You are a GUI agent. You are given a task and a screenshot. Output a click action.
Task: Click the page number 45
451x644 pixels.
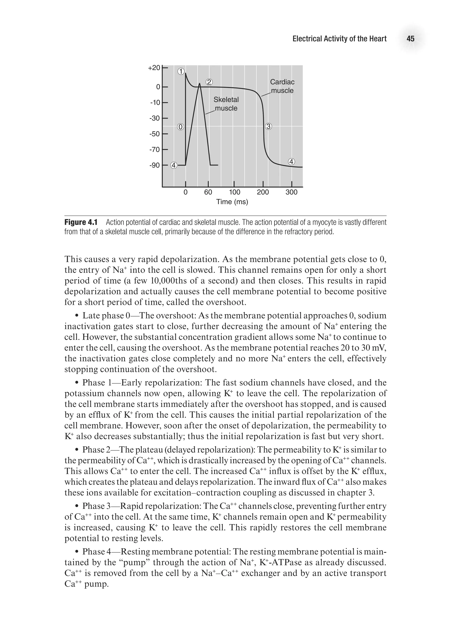[410, 39]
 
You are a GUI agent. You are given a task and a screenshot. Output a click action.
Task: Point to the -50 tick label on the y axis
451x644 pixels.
[154, 134]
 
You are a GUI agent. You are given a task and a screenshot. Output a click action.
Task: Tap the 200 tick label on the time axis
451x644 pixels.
[263, 192]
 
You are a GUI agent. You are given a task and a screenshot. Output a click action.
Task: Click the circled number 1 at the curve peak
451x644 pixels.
[181, 71]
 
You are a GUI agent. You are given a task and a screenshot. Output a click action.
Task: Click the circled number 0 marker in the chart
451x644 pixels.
[180, 127]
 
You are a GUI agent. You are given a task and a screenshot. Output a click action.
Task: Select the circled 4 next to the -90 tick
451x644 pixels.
[174, 165]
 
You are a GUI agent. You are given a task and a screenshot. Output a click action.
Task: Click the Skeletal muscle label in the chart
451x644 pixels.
[226, 104]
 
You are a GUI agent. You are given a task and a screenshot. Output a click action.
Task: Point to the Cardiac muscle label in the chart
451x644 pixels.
[282, 86]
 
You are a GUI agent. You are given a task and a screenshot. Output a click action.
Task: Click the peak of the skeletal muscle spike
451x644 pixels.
[199, 84]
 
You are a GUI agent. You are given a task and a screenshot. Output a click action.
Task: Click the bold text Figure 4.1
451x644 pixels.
[81, 223]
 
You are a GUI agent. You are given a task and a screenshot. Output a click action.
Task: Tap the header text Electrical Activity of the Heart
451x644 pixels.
[339, 39]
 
